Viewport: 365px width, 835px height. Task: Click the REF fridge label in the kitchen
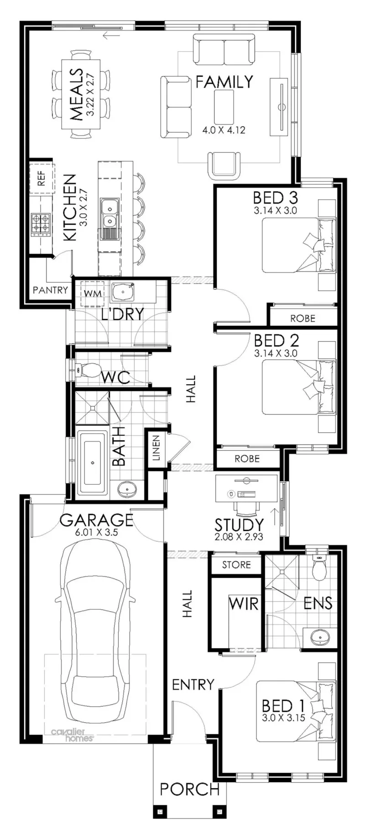(x=42, y=177)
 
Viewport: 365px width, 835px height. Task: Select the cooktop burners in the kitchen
(x=40, y=225)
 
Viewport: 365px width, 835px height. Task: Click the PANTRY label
(x=50, y=290)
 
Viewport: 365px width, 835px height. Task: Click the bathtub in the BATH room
(x=93, y=463)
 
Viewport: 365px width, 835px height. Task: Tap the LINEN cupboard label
(x=156, y=448)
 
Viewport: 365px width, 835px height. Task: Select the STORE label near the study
(x=236, y=565)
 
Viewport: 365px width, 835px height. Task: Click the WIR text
(x=243, y=604)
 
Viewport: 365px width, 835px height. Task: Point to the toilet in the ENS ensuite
(x=319, y=567)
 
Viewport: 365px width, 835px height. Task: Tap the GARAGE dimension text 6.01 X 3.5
(x=96, y=531)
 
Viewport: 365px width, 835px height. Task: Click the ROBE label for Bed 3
(x=302, y=319)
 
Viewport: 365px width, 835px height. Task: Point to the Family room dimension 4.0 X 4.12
(x=224, y=130)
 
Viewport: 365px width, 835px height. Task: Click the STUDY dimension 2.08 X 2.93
(x=239, y=537)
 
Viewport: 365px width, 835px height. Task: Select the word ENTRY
(x=193, y=684)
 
